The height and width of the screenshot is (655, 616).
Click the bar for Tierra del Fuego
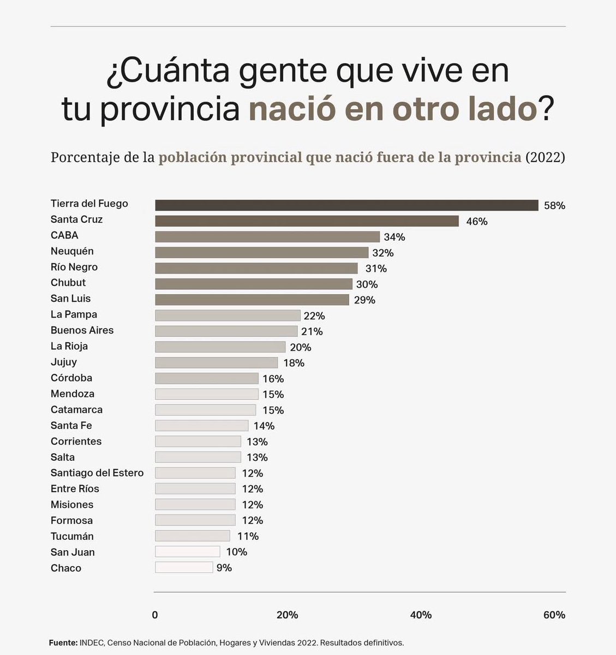pyautogui.click(x=346, y=205)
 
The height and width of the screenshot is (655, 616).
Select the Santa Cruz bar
pyautogui.click(x=307, y=221)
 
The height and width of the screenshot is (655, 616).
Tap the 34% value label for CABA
pyautogui.click(x=394, y=237)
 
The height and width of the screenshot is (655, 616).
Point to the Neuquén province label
pyautogui.click(x=72, y=251)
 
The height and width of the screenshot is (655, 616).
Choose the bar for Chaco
pyautogui.click(x=184, y=568)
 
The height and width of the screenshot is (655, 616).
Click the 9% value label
pyautogui.click(x=224, y=568)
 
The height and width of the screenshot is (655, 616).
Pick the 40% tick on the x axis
pyautogui.click(x=421, y=615)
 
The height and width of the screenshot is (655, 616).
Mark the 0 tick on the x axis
pyautogui.click(x=155, y=615)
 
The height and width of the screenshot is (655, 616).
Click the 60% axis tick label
pyautogui.click(x=554, y=615)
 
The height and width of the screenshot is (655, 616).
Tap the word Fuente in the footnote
pyautogui.click(x=63, y=643)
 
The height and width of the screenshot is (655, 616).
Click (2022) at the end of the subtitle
pyautogui.click(x=545, y=158)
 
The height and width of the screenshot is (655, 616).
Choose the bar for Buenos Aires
pyautogui.click(x=226, y=331)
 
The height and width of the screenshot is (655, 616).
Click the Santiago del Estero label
pyautogui.click(x=97, y=473)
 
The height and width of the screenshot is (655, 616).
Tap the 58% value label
pyautogui.click(x=554, y=206)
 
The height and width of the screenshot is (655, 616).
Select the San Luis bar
pyautogui.click(x=252, y=300)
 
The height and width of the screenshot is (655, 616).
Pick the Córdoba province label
pyautogui.click(x=71, y=378)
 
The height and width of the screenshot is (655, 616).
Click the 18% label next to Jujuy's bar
pyautogui.click(x=294, y=363)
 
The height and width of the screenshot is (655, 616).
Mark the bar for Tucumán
pyautogui.click(x=192, y=536)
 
